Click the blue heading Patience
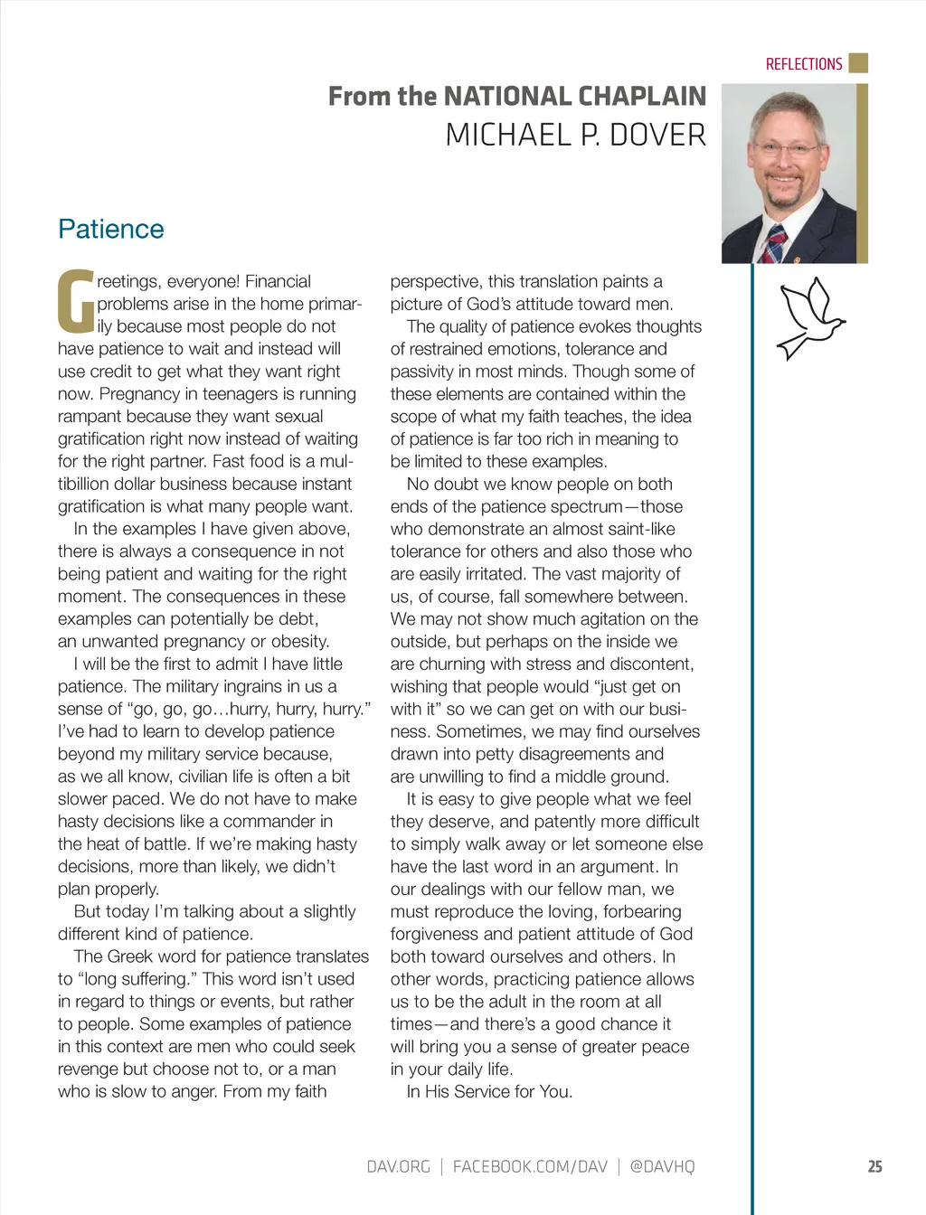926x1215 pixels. coord(110,229)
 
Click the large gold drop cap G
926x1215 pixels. coord(75,301)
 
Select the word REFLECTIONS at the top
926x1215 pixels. coord(803,64)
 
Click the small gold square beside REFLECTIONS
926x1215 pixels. coord(859,63)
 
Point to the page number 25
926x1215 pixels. coord(874,1166)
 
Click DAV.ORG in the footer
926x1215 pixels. coord(398,1166)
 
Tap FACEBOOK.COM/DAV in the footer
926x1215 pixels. coord(530,1166)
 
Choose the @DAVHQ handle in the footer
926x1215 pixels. coord(662,1166)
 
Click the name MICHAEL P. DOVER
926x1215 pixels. coord(575,136)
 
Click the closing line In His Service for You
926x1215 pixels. coord(489,1092)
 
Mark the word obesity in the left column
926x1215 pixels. coord(301,642)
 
